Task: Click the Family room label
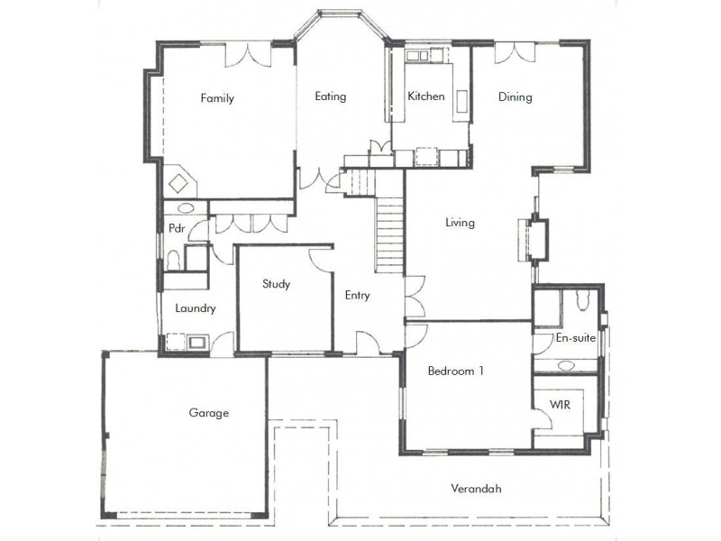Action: [x=217, y=98]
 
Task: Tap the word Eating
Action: [x=330, y=96]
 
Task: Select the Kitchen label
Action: [x=425, y=96]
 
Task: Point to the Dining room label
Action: [x=516, y=97]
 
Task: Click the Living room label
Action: [x=460, y=223]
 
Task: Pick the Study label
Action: [x=276, y=284]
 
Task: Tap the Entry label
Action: [x=357, y=295]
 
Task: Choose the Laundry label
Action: [x=196, y=308]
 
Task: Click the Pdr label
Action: [x=177, y=228]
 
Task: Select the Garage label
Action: [x=208, y=413]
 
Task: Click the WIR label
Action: [x=560, y=405]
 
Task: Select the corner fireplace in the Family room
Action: [x=180, y=182]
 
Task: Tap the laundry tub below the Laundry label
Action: [x=196, y=342]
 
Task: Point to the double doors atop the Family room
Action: [x=243, y=54]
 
